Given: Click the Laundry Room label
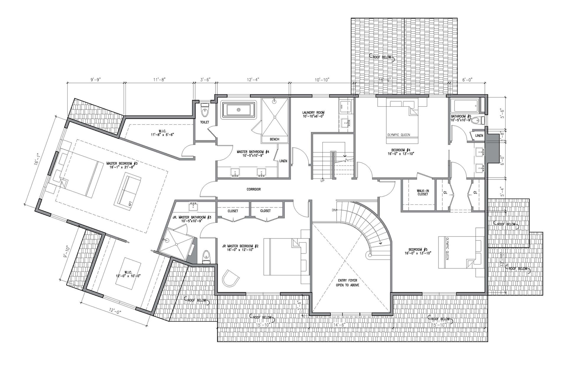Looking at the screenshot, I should [313, 114].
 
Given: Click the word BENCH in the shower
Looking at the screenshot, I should [274, 139].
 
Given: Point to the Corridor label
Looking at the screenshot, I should [253, 189].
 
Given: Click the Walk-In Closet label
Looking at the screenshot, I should [423, 192].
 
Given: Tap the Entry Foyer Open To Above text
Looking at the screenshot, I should [347, 283].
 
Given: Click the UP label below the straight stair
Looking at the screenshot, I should [322, 181].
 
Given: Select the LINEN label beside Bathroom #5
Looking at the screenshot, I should [479, 136].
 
